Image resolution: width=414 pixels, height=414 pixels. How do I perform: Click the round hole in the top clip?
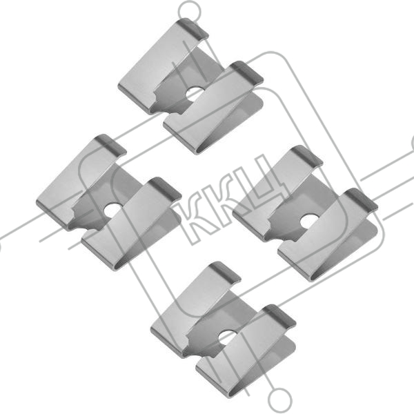(195, 95)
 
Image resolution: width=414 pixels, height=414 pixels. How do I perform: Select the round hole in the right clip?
(309, 221)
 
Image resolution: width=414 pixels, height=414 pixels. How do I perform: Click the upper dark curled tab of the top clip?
(193, 28)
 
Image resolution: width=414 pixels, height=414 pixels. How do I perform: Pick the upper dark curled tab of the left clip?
(110, 144)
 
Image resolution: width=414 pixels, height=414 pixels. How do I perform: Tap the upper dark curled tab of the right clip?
(307, 155)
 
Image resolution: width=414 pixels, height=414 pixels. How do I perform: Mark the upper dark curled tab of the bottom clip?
(225, 272)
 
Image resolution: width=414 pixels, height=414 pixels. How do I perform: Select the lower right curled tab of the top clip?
(247, 71)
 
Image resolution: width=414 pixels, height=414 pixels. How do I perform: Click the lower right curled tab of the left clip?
(166, 188)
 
